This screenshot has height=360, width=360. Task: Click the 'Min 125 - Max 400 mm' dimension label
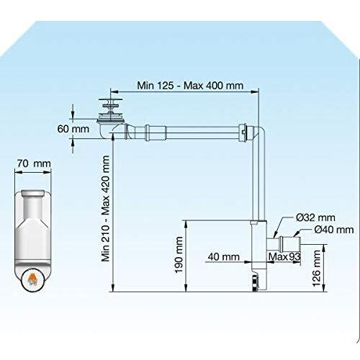(x=190, y=86)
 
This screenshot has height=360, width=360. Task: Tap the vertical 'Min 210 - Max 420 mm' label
(x=105, y=209)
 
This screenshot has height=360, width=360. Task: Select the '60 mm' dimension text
(x=73, y=129)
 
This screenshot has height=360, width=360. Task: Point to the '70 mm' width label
(x=34, y=163)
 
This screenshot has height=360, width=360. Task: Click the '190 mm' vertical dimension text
(x=179, y=255)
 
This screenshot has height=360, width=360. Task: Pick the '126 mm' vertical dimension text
(x=317, y=268)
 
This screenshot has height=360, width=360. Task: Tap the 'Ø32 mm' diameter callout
(x=315, y=217)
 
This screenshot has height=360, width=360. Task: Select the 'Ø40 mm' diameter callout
(x=334, y=230)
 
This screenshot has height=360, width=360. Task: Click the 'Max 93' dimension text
(x=284, y=257)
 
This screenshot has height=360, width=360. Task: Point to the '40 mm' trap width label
(x=224, y=257)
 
